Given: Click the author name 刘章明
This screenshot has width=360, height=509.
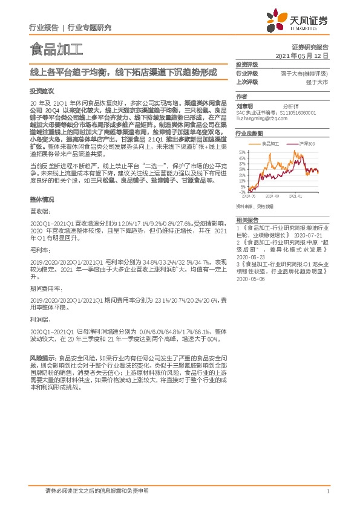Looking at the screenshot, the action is (x=244, y=105).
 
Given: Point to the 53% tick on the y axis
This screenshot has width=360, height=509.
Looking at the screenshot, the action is (x=241, y=152).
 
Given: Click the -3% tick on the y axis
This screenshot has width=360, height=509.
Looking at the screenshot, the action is (x=242, y=192).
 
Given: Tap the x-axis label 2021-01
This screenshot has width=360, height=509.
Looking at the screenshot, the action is (x=295, y=196).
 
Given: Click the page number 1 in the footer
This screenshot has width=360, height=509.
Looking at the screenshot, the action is (x=327, y=491).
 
